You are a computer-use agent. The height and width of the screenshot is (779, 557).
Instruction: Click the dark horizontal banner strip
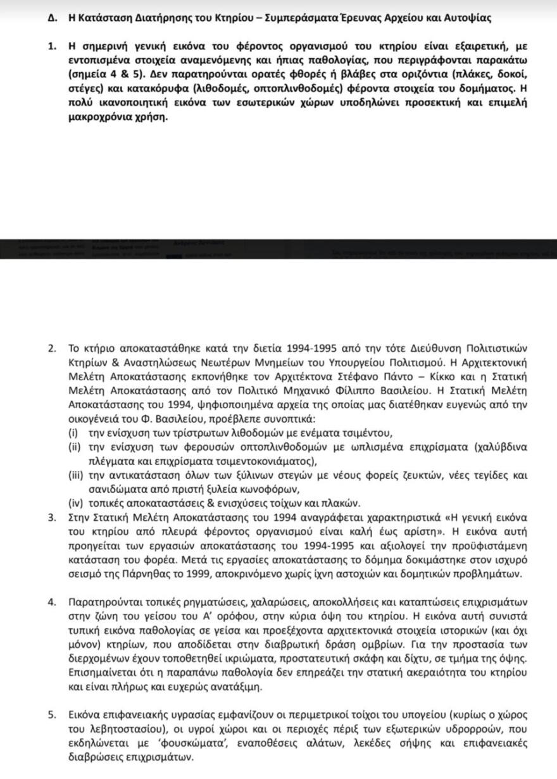tap(278, 249)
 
